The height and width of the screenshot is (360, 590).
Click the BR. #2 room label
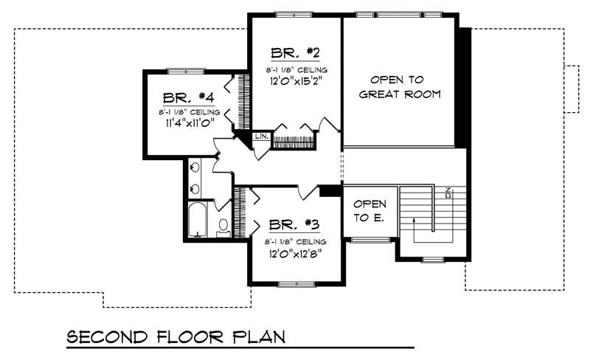tap(294, 53)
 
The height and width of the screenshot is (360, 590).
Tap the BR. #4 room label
tap(188, 97)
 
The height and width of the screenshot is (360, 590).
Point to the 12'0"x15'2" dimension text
tap(294, 82)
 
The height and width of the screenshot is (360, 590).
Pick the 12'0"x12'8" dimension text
tap(295, 255)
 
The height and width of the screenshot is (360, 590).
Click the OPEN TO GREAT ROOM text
tap(405, 86)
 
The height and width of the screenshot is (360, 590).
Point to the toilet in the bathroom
tap(223, 226)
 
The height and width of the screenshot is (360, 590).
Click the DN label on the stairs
tap(448, 193)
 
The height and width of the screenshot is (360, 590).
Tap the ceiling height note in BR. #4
tap(188, 112)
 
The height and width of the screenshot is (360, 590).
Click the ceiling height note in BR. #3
tap(295, 242)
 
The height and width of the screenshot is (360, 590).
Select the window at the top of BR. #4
tap(185, 71)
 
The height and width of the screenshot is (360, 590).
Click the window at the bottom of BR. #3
tap(295, 283)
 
